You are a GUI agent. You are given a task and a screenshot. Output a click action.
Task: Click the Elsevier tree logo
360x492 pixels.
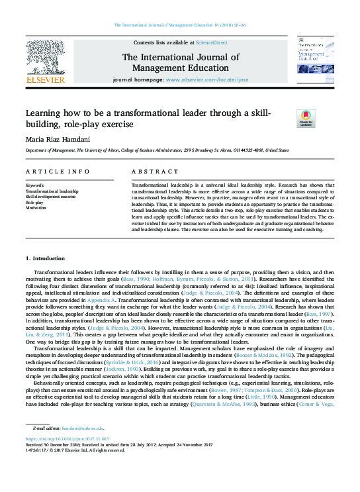[x=46, y=58]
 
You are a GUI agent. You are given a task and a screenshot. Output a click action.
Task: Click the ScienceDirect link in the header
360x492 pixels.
[x=210, y=42]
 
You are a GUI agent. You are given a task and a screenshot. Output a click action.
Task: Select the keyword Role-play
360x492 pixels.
[x=34, y=202]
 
